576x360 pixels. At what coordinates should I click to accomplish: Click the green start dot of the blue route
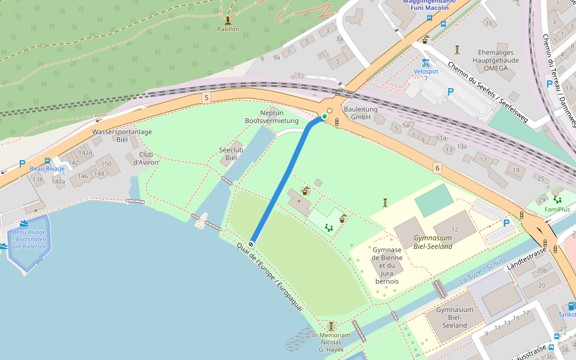[325, 116]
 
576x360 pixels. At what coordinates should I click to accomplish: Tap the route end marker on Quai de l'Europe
[251, 244]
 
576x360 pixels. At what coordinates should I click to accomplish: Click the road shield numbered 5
[206, 97]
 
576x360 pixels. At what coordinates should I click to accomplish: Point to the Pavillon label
[228, 29]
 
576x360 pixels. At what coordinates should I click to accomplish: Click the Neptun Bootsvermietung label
[272, 117]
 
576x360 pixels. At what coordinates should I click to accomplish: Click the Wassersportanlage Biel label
[122, 136]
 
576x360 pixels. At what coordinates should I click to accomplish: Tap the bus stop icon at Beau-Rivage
[47, 161]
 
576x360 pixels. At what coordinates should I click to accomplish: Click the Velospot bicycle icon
[425, 62]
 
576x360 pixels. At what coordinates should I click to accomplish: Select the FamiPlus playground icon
[557, 200]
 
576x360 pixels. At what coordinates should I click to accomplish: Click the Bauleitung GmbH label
[361, 113]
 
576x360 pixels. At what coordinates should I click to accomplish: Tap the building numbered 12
[454, 230]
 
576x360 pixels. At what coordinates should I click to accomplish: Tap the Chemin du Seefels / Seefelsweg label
[487, 92]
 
